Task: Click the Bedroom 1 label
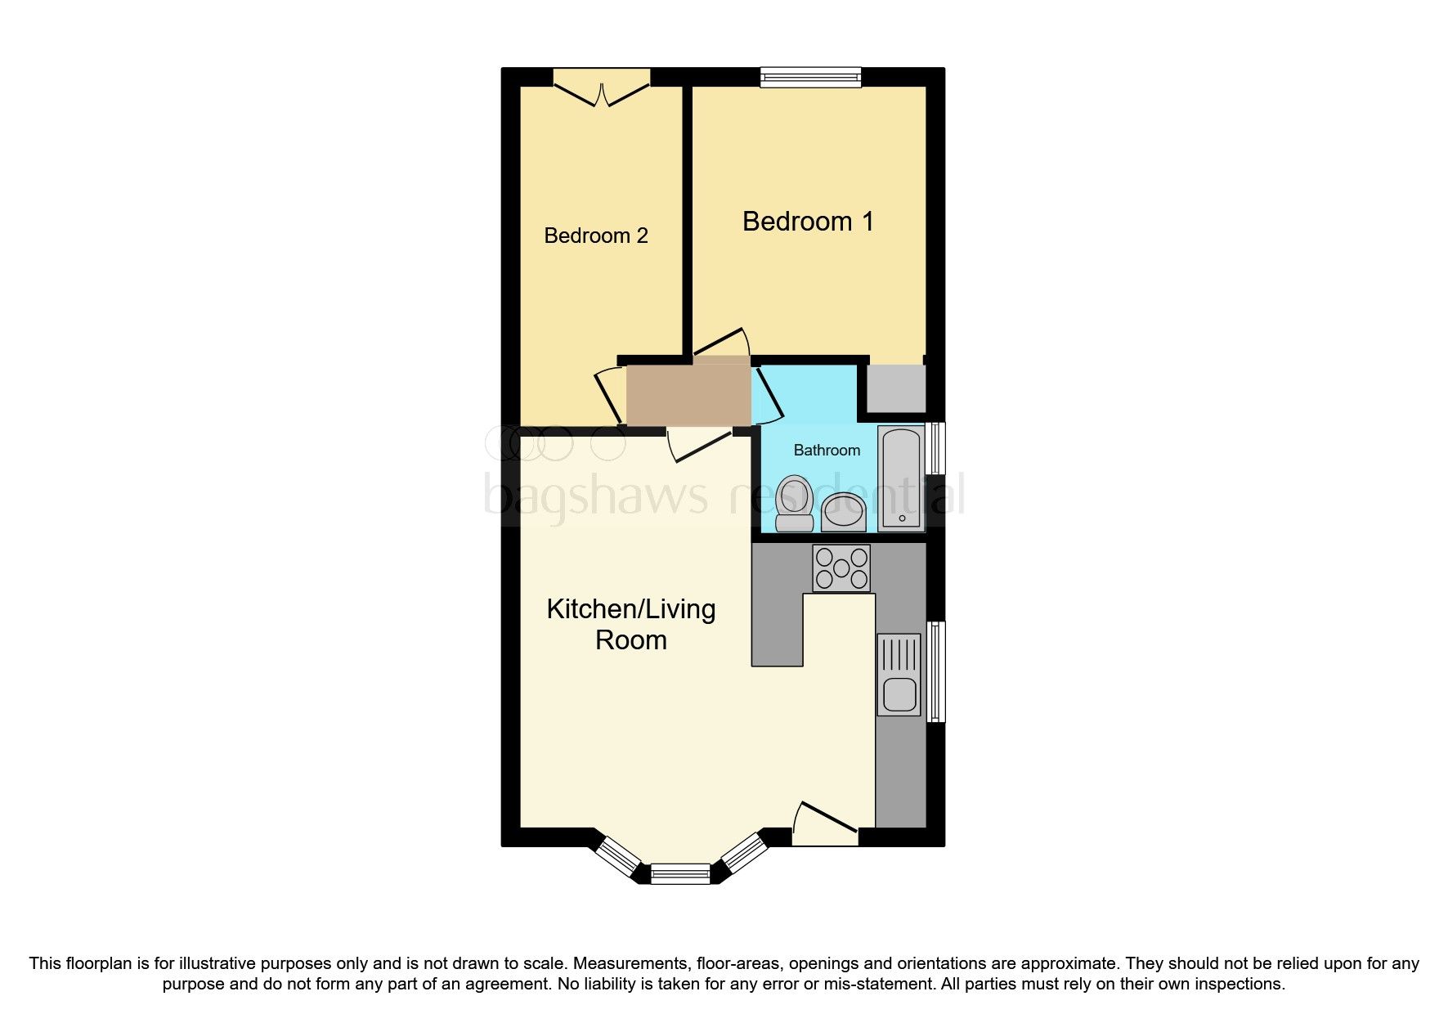[808, 222]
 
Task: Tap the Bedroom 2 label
[595, 236]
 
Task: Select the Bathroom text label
[827, 451]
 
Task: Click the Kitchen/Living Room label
[630, 624]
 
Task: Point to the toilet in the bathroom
[793, 503]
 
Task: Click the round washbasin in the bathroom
[843, 512]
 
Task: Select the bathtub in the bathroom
[901, 478]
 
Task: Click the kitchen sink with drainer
[899, 675]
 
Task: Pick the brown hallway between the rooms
[688, 396]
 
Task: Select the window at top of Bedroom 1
[810, 78]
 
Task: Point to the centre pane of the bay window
[680, 874]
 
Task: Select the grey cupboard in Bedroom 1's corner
[895, 388]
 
